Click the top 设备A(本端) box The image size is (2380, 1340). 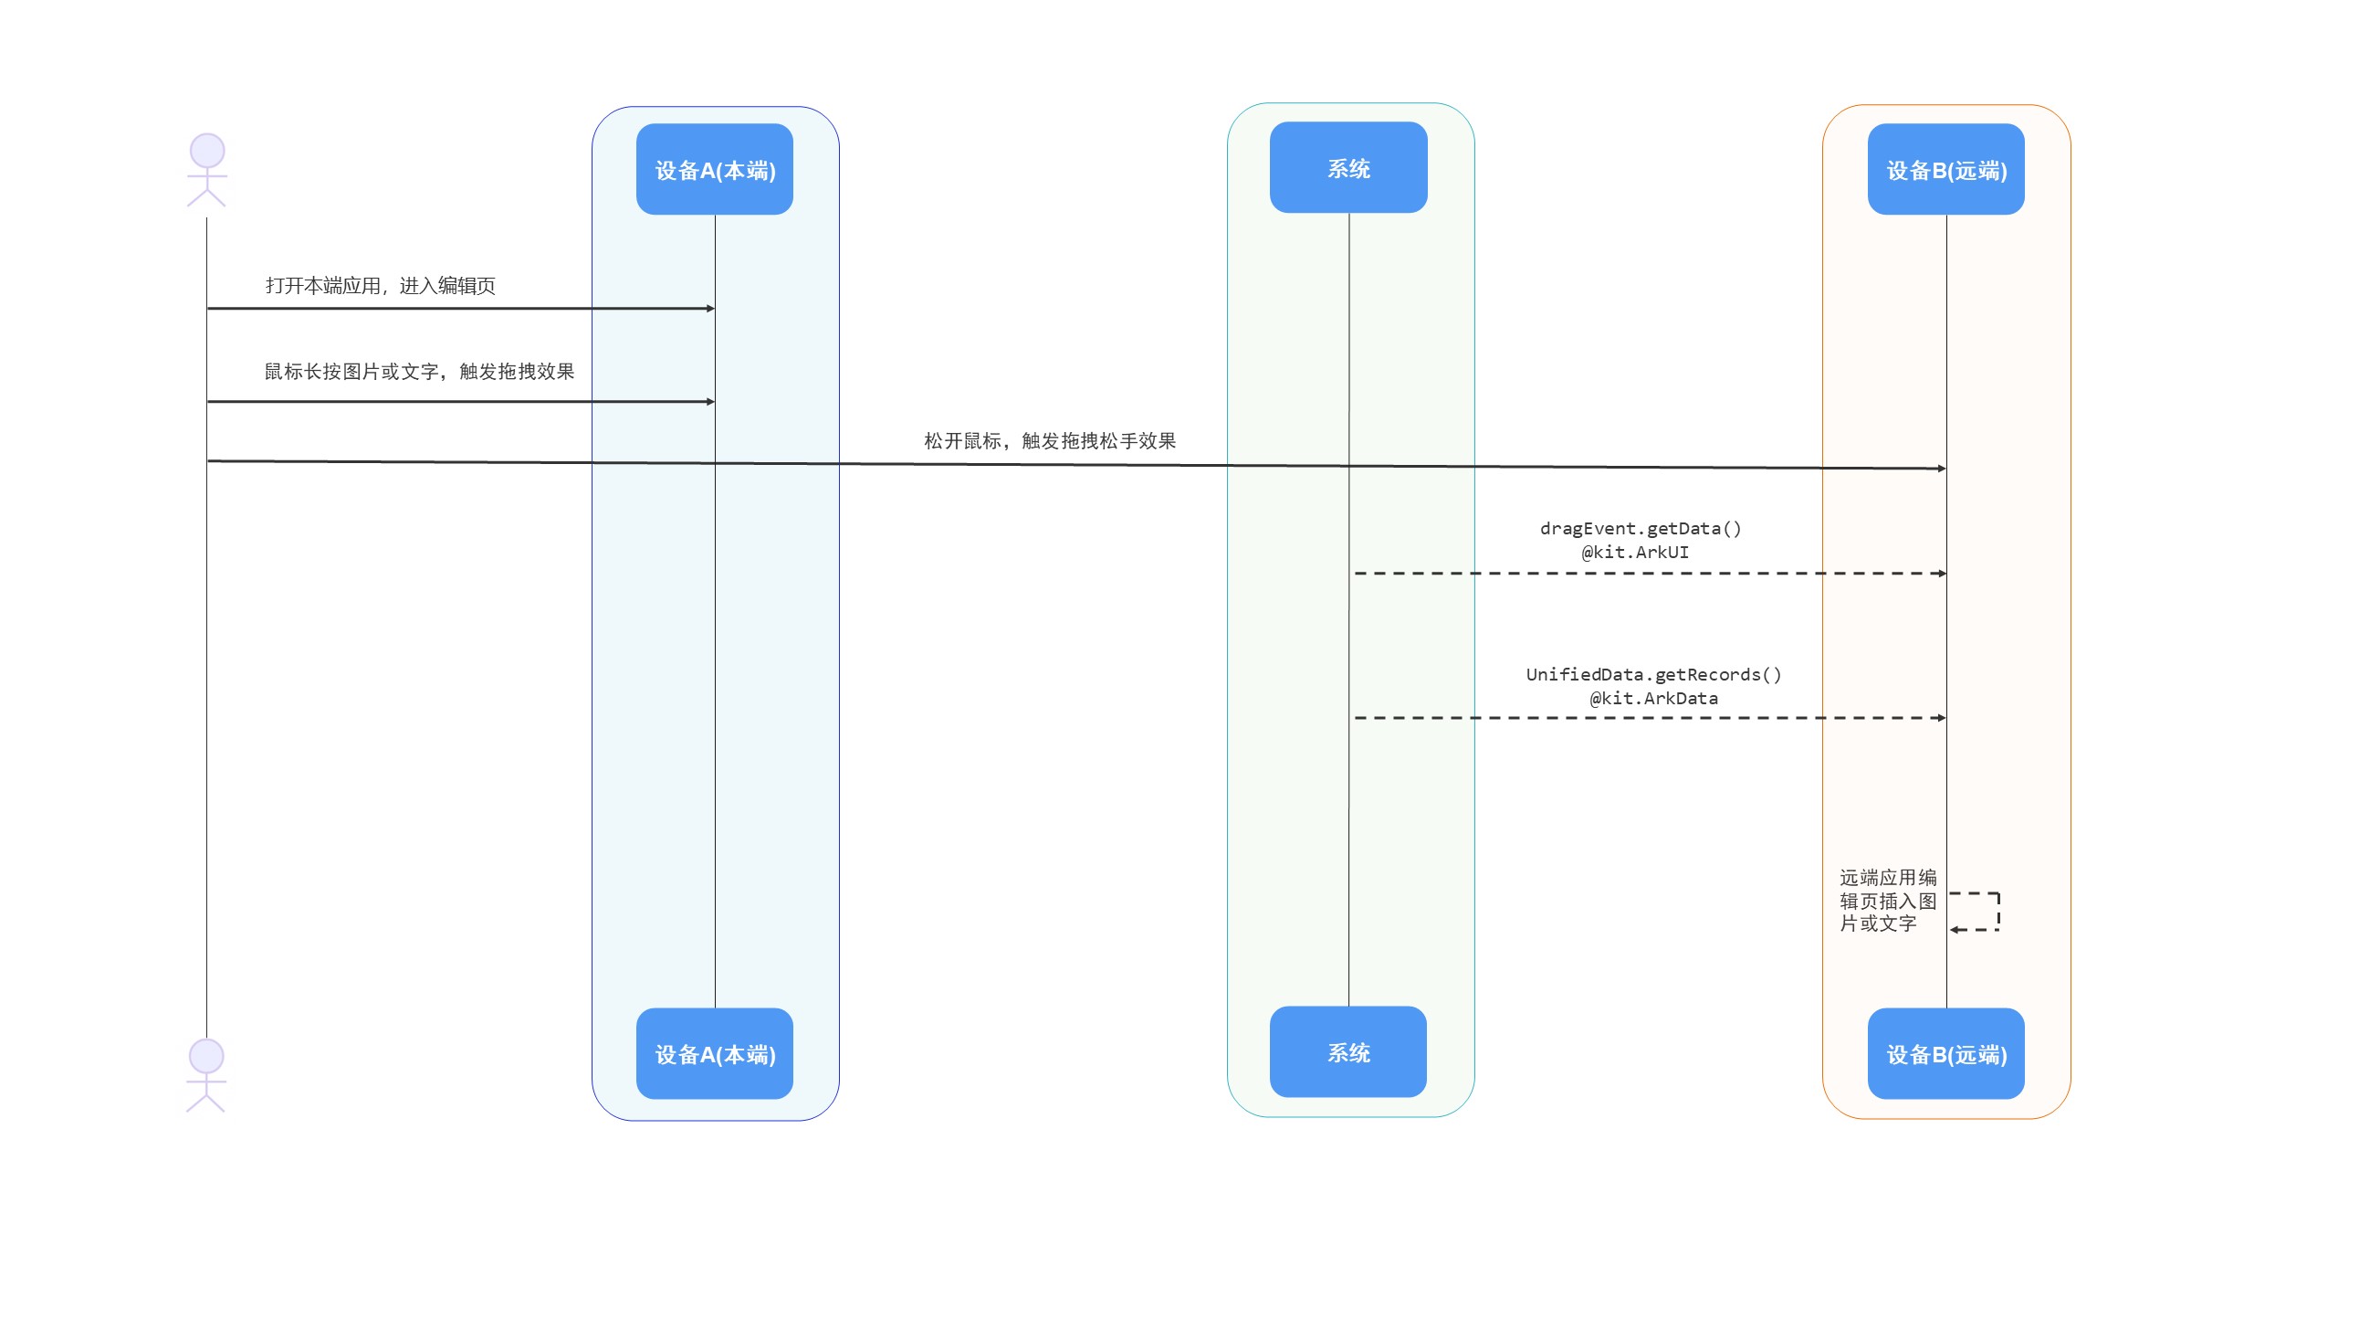(x=714, y=169)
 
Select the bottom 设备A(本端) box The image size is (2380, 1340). (x=714, y=1053)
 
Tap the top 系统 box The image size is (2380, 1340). (x=1348, y=167)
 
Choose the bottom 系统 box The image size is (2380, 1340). (x=1348, y=1051)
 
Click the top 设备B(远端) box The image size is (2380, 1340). (x=1945, y=169)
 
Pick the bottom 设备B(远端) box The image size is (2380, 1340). (x=1945, y=1053)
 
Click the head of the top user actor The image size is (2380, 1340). (x=207, y=151)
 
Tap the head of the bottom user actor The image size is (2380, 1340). (x=206, y=1056)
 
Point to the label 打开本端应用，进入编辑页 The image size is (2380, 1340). (x=381, y=286)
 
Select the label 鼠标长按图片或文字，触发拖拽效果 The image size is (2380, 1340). (x=419, y=372)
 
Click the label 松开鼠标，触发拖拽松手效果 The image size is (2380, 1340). (x=1050, y=441)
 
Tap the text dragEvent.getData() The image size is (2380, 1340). (x=1640, y=528)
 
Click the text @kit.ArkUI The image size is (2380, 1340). (x=1634, y=552)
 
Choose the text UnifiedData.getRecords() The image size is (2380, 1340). (x=1654, y=674)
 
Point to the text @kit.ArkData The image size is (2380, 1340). (x=1654, y=698)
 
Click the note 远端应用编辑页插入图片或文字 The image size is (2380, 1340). (x=1888, y=900)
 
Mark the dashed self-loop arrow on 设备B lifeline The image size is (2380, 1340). (x=1998, y=912)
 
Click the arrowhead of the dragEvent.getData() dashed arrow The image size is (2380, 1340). (x=1942, y=574)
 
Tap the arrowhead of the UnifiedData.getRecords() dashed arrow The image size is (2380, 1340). (x=1942, y=718)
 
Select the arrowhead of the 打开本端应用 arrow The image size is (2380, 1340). (x=710, y=309)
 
